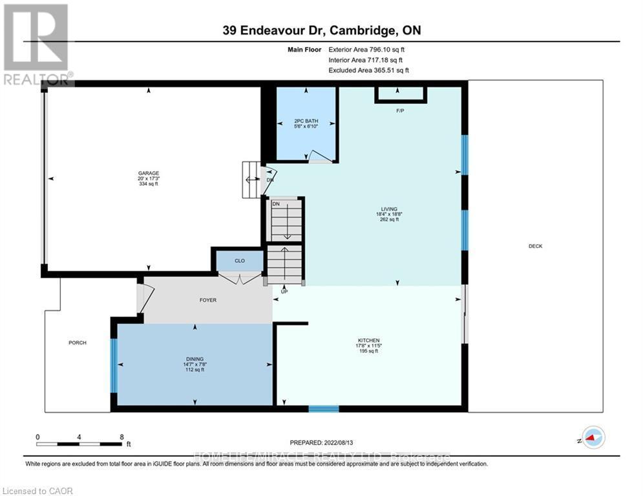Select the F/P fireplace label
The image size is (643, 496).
400,111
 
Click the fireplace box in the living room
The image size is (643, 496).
401,94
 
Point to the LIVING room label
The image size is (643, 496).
388,209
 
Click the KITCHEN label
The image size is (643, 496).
369,340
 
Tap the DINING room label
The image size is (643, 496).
195,359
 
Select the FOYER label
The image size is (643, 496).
207,300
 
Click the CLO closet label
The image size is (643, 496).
239,262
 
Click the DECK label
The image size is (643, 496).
535,246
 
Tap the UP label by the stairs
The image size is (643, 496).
284,291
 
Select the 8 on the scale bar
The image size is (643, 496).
121,437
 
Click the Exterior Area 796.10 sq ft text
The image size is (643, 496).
366,49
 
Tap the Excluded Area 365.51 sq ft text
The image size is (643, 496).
368,70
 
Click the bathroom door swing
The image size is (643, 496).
318,156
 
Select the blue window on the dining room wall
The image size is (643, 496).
114,366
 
